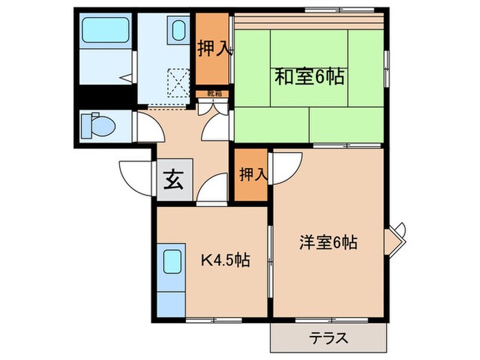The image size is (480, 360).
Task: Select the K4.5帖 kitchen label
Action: [x=224, y=260]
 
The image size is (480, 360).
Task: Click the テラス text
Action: [x=328, y=337]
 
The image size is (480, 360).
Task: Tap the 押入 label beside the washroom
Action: [x=213, y=49]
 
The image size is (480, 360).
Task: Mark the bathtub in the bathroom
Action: [x=104, y=32]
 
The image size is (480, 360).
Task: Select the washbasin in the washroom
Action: [x=178, y=32]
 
